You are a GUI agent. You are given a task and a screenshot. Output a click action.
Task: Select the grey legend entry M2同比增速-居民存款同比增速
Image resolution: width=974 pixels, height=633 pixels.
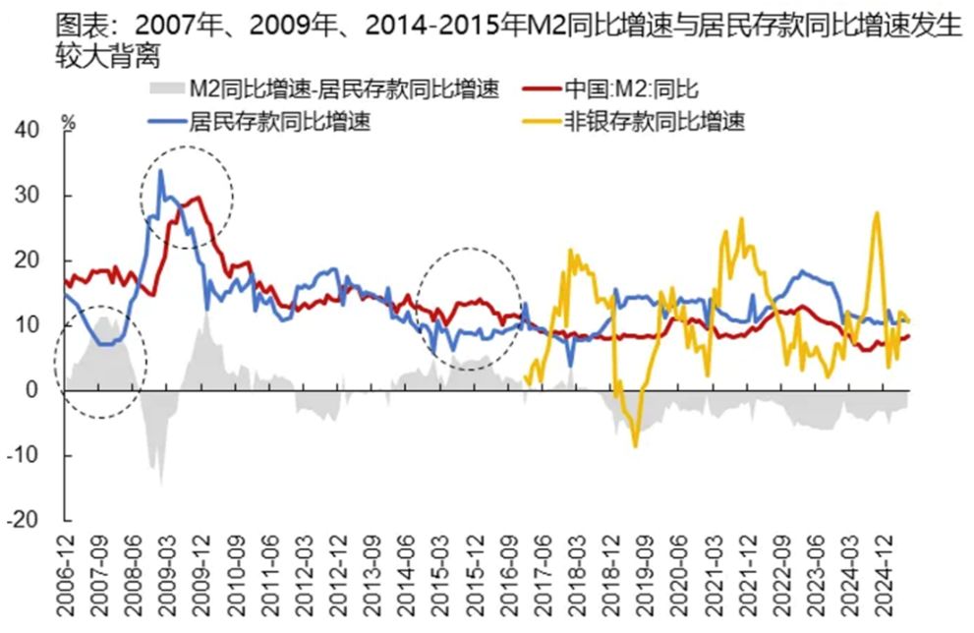(x=344, y=91)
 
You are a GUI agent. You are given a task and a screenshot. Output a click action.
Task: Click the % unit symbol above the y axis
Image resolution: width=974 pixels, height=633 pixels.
(x=69, y=123)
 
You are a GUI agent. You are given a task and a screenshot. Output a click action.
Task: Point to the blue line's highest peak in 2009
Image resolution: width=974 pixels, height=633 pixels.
(x=160, y=171)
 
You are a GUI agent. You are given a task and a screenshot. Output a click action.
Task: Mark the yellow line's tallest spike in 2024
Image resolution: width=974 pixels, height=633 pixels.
(x=876, y=212)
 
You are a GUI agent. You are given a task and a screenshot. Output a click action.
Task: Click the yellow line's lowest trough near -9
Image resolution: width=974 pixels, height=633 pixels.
(x=635, y=445)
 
